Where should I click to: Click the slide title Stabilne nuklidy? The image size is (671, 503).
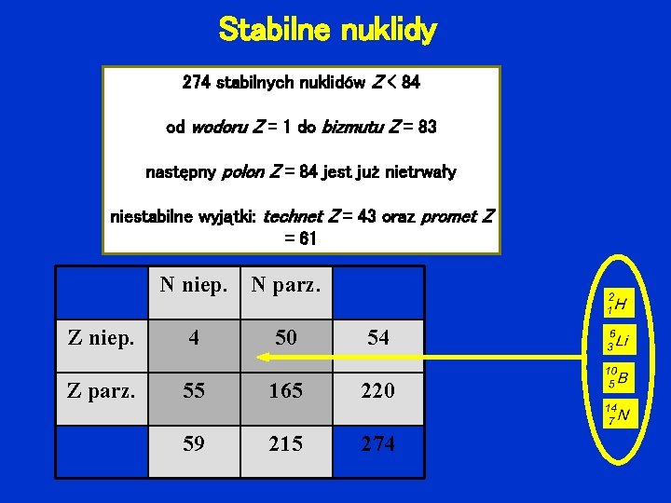coord(327,31)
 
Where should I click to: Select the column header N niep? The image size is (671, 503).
coord(193,284)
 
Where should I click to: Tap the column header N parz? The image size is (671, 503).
coord(285,284)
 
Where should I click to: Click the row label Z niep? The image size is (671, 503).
coord(101,337)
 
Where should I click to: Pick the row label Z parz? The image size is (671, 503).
coord(101,390)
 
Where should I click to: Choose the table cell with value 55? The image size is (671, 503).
coord(193,391)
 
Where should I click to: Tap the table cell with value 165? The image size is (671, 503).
coord(285,391)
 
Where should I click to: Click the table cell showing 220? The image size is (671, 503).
coord(377,391)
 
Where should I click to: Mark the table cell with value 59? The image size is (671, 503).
coord(193,444)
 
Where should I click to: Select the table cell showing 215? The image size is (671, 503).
coord(285,444)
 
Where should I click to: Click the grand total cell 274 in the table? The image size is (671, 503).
coord(377,444)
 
